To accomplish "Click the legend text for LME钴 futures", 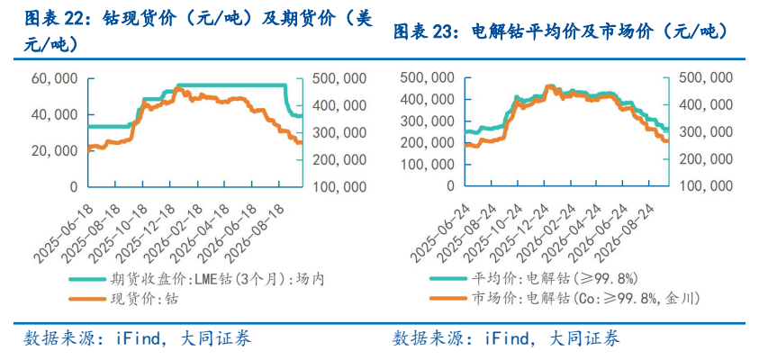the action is click(216, 279).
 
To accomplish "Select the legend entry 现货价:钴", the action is click(144, 300).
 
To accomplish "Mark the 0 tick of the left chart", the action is click(73, 187).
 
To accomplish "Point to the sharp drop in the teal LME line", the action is click(287, 99).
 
